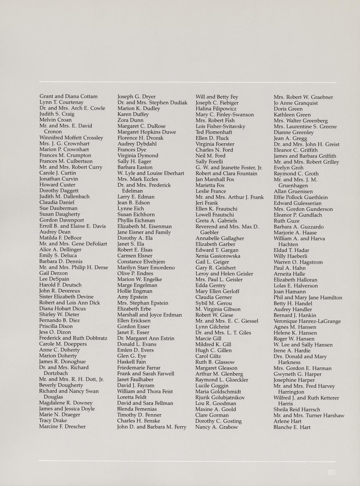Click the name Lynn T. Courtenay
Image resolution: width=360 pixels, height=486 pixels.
click(x=61, y=102)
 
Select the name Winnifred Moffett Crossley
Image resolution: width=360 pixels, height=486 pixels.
click(x=71, y=137)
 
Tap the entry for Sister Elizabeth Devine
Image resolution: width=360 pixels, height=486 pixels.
click(x=66, y=297)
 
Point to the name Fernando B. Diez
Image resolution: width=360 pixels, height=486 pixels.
click(x=59, y=320)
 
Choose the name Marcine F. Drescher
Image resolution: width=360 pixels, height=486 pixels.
click(x=62, y=426)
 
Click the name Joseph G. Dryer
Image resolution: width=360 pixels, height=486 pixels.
click(x=136, y=97)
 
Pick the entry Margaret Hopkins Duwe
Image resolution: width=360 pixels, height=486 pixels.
click(x=147, y=132)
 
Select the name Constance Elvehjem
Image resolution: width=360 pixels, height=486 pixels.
click(x=141, y=262)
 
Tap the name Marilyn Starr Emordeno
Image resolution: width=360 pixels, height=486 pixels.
click(x=146, y=267)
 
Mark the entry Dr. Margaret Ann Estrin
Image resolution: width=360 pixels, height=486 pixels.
click(x=146, y=338)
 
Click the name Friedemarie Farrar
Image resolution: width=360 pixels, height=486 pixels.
click(x=139, y=368)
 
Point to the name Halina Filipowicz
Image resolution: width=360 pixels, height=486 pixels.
click(x=216, y=109)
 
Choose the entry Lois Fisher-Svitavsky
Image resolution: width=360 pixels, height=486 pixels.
click(x=220, y=126)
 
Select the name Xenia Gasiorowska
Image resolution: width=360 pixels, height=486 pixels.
click(x=218, y=256)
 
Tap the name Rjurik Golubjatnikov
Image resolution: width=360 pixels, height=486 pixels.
click(x=220, y=397)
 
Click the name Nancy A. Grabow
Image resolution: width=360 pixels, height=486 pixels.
click(x=216, y=427)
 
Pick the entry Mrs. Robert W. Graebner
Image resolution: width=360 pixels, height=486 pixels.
click(x=303, y=97)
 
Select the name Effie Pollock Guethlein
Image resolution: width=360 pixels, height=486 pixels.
click(x=301, y=197)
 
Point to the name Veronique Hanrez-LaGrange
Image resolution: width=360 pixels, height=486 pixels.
click(x=307, y=321)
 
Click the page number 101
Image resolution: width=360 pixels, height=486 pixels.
click(x=331, y=472)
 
